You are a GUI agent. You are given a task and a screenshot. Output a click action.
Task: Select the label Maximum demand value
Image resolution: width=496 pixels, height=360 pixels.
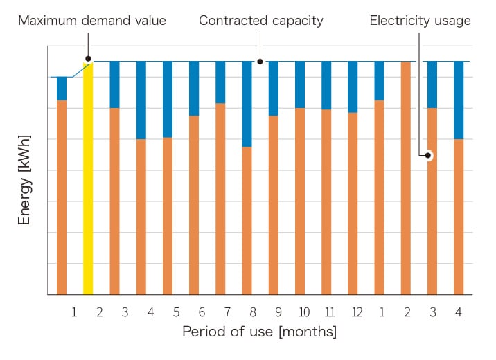click(x=92, y=21)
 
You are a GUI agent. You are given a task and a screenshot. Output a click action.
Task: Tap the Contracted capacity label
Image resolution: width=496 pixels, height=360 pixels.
click(x=261, y=21)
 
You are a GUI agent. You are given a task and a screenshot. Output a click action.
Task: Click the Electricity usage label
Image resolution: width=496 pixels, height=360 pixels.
click(x=420, y=21)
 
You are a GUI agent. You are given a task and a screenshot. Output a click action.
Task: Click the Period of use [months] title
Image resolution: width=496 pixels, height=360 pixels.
click(x=259, y=332)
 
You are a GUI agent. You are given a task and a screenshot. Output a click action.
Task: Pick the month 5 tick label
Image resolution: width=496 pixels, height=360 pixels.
click(x=176, y=312)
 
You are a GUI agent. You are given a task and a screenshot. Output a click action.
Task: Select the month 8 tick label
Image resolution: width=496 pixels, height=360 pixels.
click(x=253, y=312)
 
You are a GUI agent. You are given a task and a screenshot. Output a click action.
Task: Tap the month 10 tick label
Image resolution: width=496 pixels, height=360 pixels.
click(x=303, y=312)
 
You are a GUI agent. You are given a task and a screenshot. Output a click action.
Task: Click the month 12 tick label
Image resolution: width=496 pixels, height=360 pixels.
click(x=356, y=312)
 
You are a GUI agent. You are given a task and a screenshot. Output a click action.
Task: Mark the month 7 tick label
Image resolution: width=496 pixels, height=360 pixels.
click(x=227, y=312)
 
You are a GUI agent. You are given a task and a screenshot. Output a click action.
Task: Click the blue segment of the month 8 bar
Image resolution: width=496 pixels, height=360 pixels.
click(x=247, y=104)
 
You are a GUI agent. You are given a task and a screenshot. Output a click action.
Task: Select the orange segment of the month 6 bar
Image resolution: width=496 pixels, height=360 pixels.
click(x=194, y=205)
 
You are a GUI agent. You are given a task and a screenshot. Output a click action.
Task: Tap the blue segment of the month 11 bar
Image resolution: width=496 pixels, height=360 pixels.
click(x=326, y=85)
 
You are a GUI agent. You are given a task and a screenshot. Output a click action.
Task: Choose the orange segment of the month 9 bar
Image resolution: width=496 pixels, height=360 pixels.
click(x=274, y=205)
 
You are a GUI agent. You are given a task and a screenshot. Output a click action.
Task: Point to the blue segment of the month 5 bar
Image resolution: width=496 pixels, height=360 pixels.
click(x=168, y=99)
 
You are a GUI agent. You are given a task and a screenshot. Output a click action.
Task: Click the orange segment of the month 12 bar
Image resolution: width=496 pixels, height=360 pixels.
click(x=353, y=204)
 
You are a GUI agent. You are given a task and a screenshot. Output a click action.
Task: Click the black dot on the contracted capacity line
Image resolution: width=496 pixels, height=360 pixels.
click(x=260, y=61)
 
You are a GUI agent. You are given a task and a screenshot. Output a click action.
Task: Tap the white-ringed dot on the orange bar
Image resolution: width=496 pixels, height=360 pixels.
click(x=429, y=156)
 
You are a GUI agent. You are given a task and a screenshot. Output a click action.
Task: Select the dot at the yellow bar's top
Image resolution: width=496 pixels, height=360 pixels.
click(x=88, y=60)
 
